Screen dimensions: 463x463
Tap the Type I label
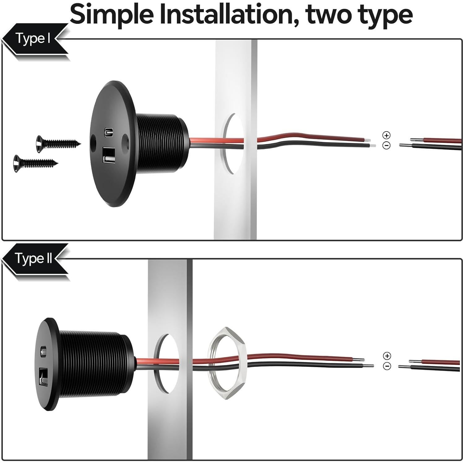coord(33,39)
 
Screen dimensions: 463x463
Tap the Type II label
coord(34,258)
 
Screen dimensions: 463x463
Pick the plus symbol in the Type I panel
coord(386,135)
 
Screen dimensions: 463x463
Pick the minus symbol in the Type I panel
coord(386,145)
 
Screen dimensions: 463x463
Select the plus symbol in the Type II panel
coord(387,356)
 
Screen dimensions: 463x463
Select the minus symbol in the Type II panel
coord(387,366)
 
